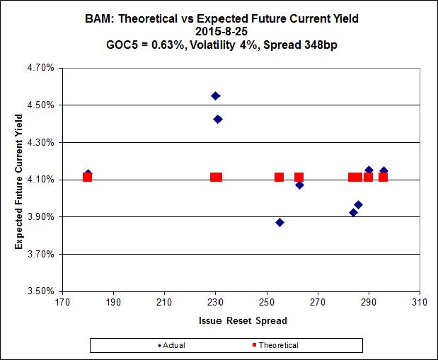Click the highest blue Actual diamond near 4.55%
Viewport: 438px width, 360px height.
click(x=216, y=95)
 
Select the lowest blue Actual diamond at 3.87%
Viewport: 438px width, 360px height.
click(x=279, y=222)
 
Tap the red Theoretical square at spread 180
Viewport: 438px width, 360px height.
click(x=87, y=177)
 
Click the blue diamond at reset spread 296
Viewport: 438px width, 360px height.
click(x=384, y=171)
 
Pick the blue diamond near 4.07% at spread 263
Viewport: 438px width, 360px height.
click(x=300, y=185)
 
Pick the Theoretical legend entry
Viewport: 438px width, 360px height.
click(x=276, y=345)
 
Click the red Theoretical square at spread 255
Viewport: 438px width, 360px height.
click(x=279, y=177)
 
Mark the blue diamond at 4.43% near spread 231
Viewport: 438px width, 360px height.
click(x=218, y=119)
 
